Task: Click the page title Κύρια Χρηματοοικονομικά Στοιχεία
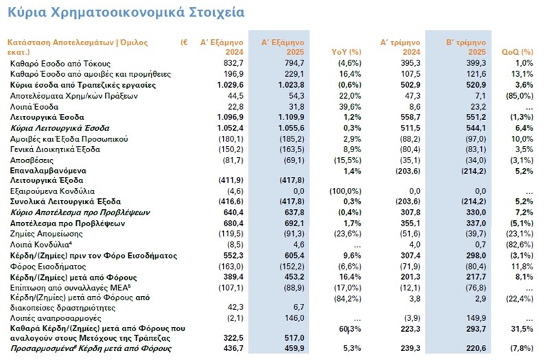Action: point(125,12)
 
